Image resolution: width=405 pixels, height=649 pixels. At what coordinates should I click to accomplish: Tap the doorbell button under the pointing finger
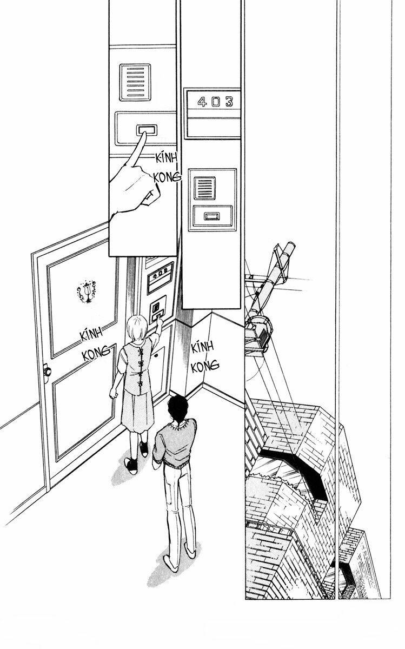[x=146, y=130]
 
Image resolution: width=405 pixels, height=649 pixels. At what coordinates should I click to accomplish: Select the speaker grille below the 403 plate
[x=206, y=187]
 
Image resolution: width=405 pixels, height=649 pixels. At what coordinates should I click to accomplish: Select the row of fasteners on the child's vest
[x=143, y=368]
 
